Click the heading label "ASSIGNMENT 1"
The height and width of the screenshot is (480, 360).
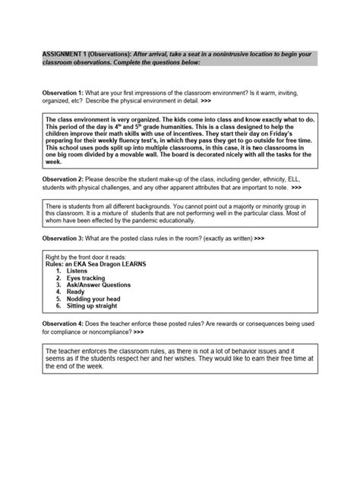[62, 55]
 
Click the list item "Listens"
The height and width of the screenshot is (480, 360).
[76, 270]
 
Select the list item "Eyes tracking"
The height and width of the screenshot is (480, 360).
[84, 279]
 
